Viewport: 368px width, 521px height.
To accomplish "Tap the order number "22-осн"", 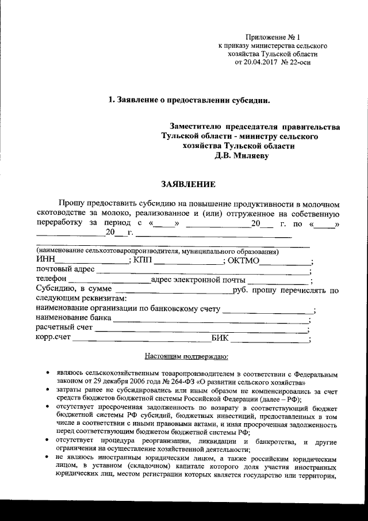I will [300, 62].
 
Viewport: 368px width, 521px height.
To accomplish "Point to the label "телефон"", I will [51, 280].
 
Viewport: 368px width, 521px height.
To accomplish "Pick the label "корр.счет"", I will [53, 339].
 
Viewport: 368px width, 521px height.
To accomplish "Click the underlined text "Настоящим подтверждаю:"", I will [187, 356].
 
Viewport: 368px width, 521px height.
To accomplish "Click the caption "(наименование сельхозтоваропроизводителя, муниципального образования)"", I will [158, 252].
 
